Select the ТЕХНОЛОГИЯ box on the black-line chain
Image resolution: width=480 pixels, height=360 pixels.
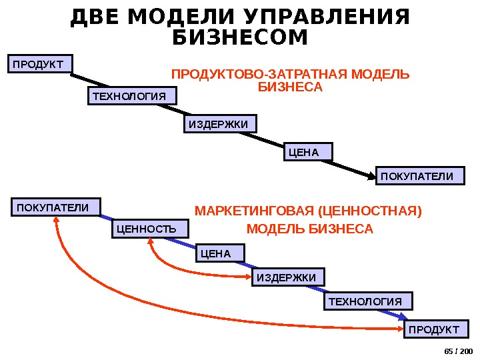[x=133, y=97]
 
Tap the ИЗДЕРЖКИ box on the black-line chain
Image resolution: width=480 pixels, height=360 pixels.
[x=220, y=125]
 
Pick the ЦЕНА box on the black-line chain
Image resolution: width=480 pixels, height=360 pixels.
[x=308, y=153]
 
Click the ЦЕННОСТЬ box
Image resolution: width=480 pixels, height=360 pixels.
[x=150, y=229]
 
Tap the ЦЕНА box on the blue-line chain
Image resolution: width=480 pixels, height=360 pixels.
[x=221, y=253]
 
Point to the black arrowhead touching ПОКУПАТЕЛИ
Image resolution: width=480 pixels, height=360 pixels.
[x=371, y=175]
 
